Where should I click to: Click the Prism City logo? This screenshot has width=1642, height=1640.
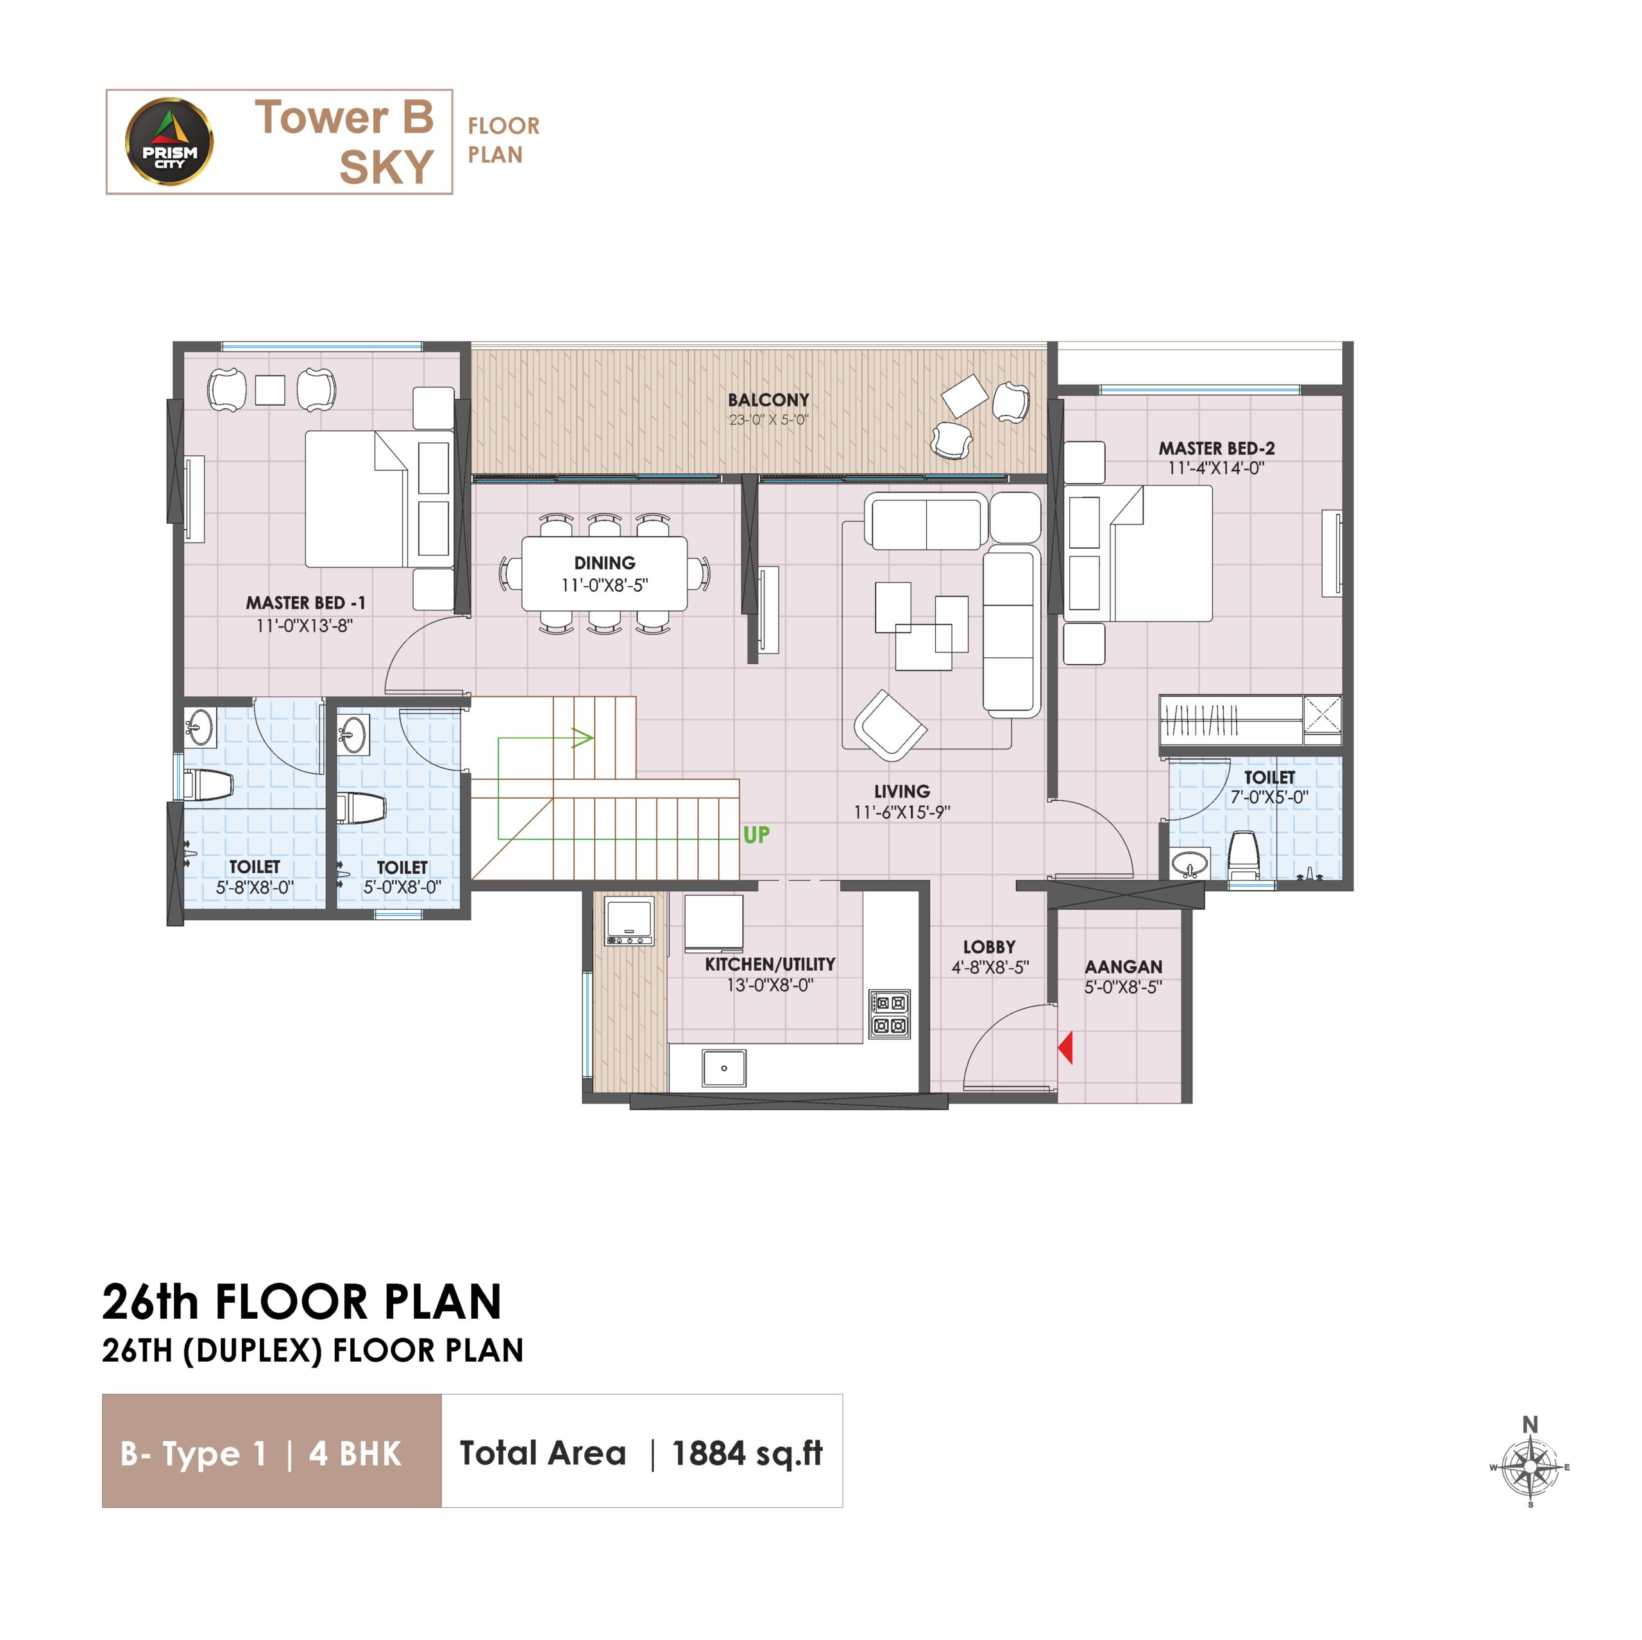(x=169, y=141)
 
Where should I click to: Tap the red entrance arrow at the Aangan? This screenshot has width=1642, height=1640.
(x=1065, y=1047)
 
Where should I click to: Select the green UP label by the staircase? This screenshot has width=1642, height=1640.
(x=756, y=835)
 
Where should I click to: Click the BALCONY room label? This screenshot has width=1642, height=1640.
(x=768, y=399)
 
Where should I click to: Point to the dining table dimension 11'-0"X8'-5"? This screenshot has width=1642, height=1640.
(x=604, y=585)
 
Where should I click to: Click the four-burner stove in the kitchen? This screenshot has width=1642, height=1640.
(x=889, y=1014)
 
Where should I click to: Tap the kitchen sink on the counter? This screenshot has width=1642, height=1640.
(x=724, y=1068)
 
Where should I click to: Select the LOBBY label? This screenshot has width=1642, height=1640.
(x=989, y=946)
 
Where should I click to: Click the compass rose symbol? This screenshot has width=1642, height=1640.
(x=1530, y=1467)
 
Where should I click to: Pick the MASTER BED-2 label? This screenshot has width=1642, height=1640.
(x=1216, y=448)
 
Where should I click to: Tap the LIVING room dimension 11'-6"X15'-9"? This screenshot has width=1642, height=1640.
(x=902, y=812)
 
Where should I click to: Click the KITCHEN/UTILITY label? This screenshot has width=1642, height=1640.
(x=770, y=964)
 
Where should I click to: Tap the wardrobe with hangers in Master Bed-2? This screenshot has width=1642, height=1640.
(x=1231, y=721)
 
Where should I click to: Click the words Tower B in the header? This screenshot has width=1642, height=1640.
(x=344, y=117)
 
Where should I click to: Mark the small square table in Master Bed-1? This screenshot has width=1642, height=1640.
(x=270, y=390)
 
